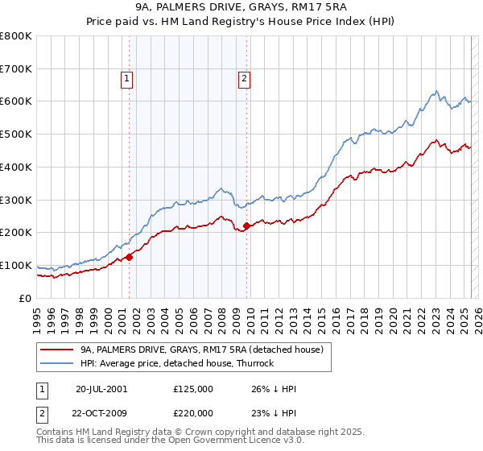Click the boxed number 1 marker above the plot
click(x=127, y=79)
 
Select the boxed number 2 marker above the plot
click(x=243, y=79)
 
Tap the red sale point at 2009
click(x=246, y=225)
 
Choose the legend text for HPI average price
click(x=177, y=363)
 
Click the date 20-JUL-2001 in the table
click(x=101, y=389)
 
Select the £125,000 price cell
click(x=193, y=389)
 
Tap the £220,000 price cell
click(x=193, y=412)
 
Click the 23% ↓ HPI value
click(x=274, y=412)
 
